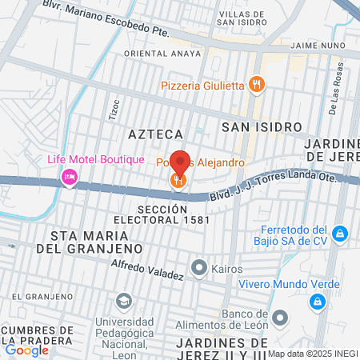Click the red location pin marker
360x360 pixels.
[179, 162]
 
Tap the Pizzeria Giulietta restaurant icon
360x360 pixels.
[255, 83]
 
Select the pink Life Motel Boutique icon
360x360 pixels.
[70, 176]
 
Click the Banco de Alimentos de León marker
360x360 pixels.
[279, 318]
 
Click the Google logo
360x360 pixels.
[26, 350]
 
